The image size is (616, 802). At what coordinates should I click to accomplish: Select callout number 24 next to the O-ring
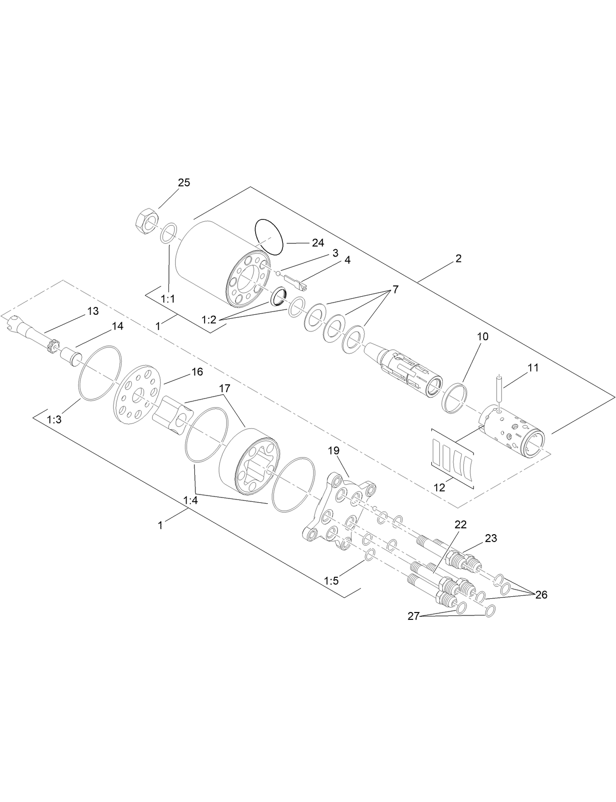[x=318, y=243]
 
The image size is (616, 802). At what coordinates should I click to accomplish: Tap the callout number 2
[x=458, y=259]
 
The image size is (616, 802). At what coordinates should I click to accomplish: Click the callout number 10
[x=482, y=337]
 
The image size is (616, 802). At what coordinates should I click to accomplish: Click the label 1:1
[x=168, y=299]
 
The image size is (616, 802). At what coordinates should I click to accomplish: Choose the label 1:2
[x=209, y=320]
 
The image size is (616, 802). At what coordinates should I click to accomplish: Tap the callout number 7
[x=395, y=289]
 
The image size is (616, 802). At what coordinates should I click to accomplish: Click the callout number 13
[x=93, y=311]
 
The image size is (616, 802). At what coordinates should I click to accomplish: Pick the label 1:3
[x=53, y=420]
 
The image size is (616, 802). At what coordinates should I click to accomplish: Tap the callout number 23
[x=491, y=538]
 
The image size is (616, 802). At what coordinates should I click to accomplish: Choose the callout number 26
[x=541, y=595]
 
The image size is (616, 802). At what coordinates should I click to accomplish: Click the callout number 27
[x=414, y=616]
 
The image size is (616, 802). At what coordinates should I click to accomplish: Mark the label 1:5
[x=331, y=581]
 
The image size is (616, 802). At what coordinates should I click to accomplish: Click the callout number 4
[x=347, y=260]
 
